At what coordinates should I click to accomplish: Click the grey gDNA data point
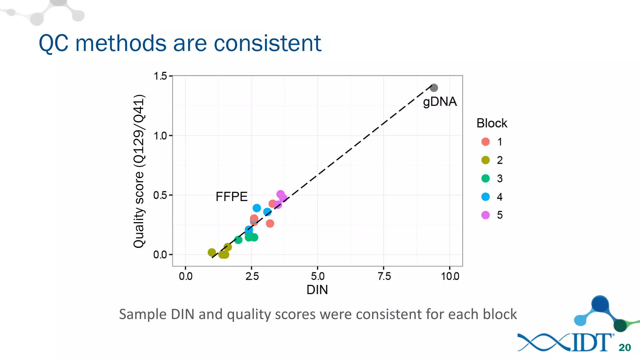click(433, 88)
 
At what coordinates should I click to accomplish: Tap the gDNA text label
click(440, 102)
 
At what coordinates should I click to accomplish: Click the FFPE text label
click(232, 197)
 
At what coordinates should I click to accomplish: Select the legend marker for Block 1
click(485, 142)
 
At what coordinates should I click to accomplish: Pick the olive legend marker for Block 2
click(485, 160)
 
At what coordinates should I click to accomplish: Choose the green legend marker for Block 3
click(485, 178)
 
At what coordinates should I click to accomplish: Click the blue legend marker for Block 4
click(485, 197)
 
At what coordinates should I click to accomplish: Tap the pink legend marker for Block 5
click(485, 215)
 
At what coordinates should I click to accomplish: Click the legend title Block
click(492, 123)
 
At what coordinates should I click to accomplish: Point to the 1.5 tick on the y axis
click(161, 76)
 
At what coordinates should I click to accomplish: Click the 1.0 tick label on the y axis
click(161, 136)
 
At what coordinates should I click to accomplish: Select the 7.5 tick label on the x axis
click(384, 276)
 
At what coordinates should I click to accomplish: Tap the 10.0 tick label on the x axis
click(450, 276)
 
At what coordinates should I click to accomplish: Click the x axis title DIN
click(317, 290)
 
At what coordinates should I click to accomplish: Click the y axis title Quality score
click(139, 171)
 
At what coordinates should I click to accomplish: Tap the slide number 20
click(624, 347)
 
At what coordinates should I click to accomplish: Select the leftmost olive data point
click(212, 252)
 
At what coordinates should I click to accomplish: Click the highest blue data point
click(257, 208)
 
